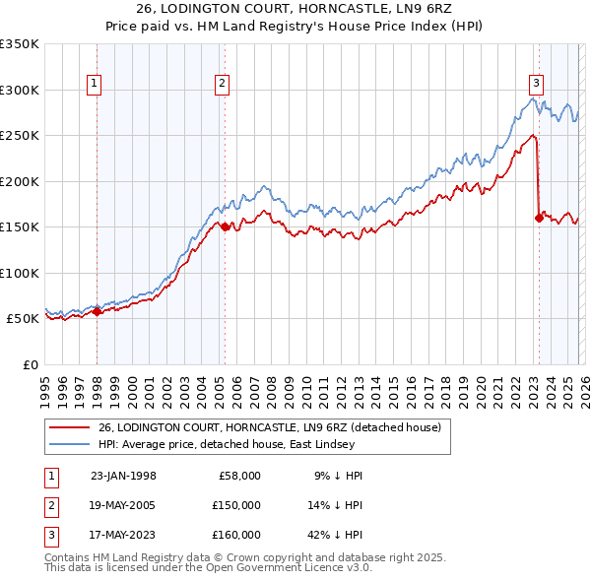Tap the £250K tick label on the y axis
[20, 135]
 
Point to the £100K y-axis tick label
[20, 273]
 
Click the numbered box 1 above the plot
[95, 85]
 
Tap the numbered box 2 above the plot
[223, 85]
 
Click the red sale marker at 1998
[98, 312]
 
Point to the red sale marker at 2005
[225, 226]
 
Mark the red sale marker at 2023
[539, 218]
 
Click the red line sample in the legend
[71, 427]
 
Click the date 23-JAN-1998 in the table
[123, 476]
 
